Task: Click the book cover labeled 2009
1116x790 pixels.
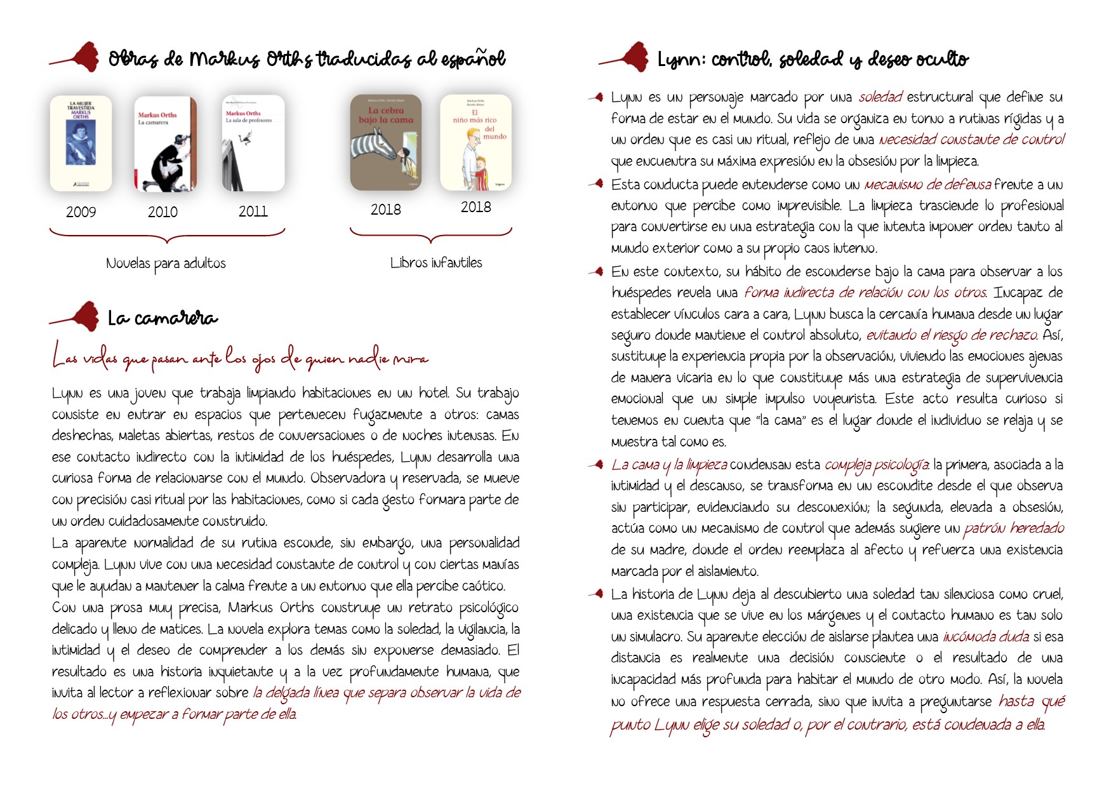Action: tap(81, 144)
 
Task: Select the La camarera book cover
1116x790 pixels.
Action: tap(165, 144)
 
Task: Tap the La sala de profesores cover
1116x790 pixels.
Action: tap(253, 144)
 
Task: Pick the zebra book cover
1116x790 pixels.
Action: tap(386, 142)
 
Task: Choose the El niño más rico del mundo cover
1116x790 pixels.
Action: tap(475, 142)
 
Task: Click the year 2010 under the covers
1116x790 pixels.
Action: tap(163, 212)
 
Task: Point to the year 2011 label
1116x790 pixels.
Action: tap(253, 211)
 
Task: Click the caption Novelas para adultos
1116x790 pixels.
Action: tap(166, 264)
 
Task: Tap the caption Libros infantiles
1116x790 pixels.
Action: tap(436, 263)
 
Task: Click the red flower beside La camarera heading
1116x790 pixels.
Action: tap(83, 316)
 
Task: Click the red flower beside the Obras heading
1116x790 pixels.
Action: tap(83, 57)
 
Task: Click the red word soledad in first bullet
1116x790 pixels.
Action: tap(880, 97)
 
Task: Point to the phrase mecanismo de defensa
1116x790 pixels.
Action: tap(927, 185)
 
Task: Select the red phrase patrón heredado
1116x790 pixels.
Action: tap(1014, 528)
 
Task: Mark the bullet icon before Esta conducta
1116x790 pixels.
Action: tap(596, 184)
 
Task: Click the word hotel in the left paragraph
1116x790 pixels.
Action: tap(434, 393)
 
